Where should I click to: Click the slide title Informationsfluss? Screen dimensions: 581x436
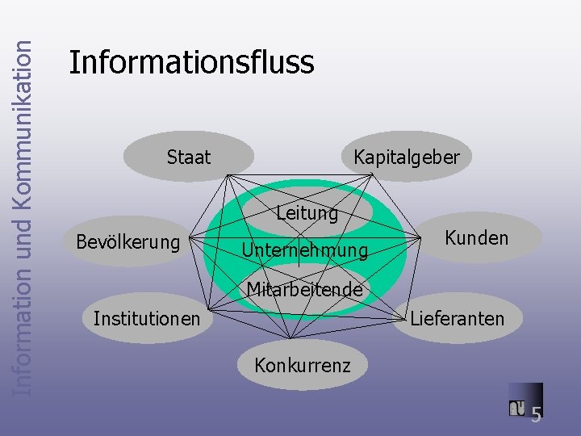191,62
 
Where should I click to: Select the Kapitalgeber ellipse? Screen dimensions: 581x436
406,157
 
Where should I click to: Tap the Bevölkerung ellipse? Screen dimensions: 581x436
127,241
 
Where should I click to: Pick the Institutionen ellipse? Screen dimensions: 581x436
146,318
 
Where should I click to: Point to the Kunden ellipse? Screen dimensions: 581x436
476,237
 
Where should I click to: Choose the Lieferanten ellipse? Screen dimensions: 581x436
457,318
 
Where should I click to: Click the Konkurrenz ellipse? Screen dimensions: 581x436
302,365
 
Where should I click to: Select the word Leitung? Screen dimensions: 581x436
307,214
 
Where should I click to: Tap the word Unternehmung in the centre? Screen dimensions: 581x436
305,252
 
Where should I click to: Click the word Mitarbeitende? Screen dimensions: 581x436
304,289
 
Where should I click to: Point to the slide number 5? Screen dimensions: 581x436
536,414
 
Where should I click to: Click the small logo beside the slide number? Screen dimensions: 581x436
517,408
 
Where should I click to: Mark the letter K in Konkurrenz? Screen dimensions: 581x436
260,365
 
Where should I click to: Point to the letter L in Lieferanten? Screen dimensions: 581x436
415,318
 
